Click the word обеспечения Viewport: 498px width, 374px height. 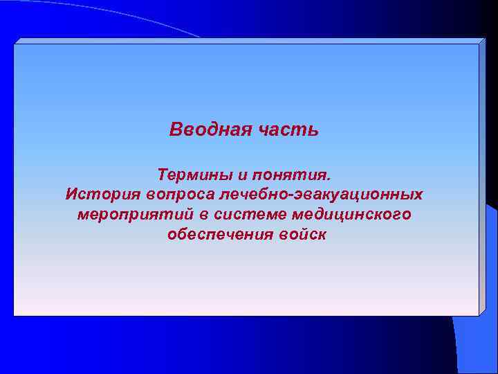point(213,235)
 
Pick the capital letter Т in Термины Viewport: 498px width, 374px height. point(163,172)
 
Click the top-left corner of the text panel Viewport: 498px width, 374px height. point(14,44)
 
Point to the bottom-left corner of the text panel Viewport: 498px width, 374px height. point(14,316)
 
